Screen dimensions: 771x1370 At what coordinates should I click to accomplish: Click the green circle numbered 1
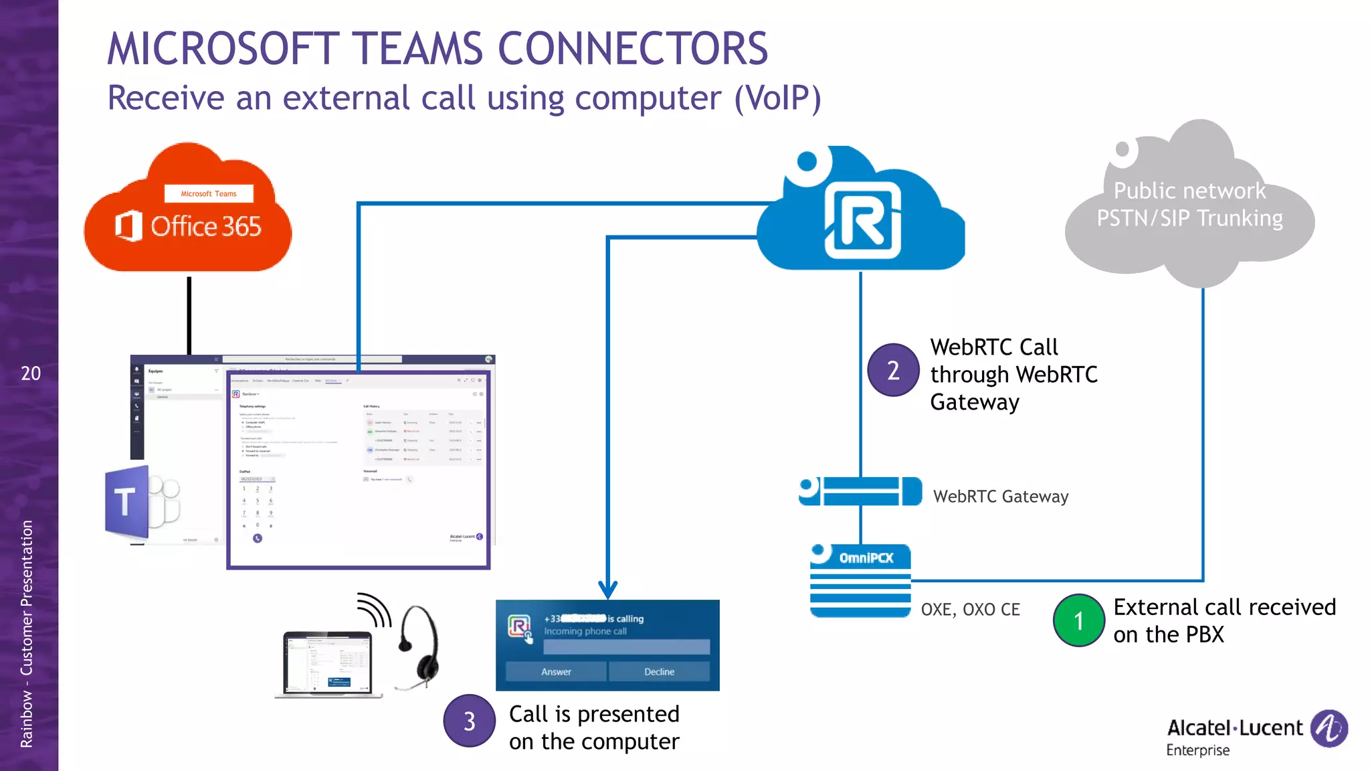click(x=1078, y=620)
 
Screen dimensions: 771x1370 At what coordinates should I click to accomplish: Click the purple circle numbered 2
click(x=893, y=370)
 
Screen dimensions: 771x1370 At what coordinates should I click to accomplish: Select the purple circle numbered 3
click(x=469, y=721)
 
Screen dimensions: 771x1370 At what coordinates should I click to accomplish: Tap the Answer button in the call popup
click(x=556, y=671)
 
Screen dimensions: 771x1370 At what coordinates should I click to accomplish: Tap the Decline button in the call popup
click(x=659, y=671)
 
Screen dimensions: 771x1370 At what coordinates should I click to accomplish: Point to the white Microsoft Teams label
click(x=209, y=193)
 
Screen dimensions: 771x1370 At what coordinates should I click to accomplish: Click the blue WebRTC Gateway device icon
click(x=861, y=491)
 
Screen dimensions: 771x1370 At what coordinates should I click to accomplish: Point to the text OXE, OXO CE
click(x=970, y=610)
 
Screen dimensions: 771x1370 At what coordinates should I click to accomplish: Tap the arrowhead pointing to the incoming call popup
click(x=607, y=590)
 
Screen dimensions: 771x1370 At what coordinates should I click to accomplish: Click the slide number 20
click(x=31, y=373)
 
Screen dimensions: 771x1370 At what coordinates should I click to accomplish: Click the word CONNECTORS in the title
click(x=632, y=49)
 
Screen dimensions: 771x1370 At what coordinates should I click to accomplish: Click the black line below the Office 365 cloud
click(x=189, y=315)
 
